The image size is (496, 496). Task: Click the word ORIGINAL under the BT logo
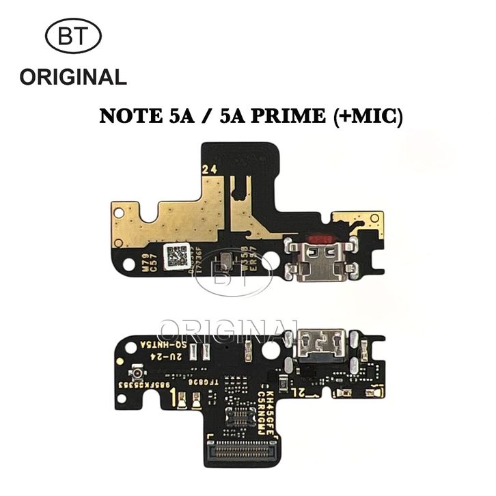(73, 77)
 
